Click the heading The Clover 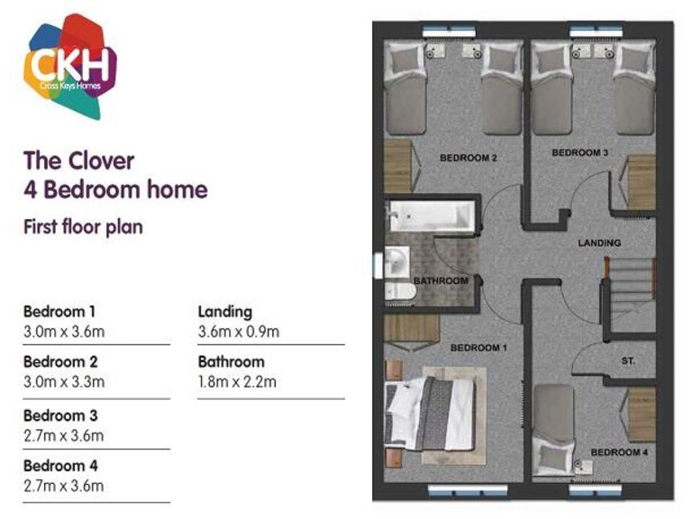(x=78, y=161)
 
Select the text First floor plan (x=82, y=226)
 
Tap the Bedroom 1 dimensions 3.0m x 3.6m (x=64, y=332)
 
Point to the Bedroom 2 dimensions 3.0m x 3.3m (x=64, y=382)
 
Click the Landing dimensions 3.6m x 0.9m (x=238, y=332)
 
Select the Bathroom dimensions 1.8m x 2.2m (x=237, y=382)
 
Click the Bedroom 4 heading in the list (x=59, y=467)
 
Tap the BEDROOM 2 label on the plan (x=469, y=159)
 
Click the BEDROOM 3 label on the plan (x=579, y=153)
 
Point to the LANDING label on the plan (x=599, y=243)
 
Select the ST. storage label (x=628, y=360)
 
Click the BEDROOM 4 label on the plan (x=619, y=451)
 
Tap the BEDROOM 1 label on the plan (x=479, y=348)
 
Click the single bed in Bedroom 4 (x=553, y=421)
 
